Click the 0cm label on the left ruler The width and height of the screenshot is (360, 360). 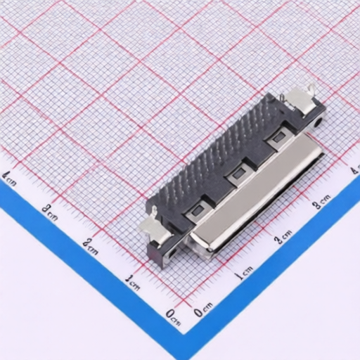[173, 317]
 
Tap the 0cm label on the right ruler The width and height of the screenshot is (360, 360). [203, 309]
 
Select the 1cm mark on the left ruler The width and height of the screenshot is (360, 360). [132, 282]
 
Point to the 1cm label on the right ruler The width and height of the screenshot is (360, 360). [244, 273]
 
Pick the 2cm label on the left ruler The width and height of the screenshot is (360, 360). [90, 247]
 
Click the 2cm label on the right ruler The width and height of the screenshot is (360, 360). [283, 236]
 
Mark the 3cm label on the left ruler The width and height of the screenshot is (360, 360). [50, 212]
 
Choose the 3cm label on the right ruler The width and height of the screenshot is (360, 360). [322, 201]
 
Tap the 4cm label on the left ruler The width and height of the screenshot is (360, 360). [8, 178]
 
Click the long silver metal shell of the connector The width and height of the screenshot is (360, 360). [256, 192]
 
